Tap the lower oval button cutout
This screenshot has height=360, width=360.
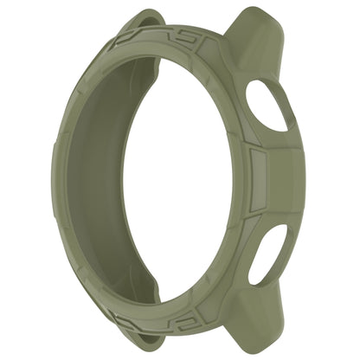point(267,254)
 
